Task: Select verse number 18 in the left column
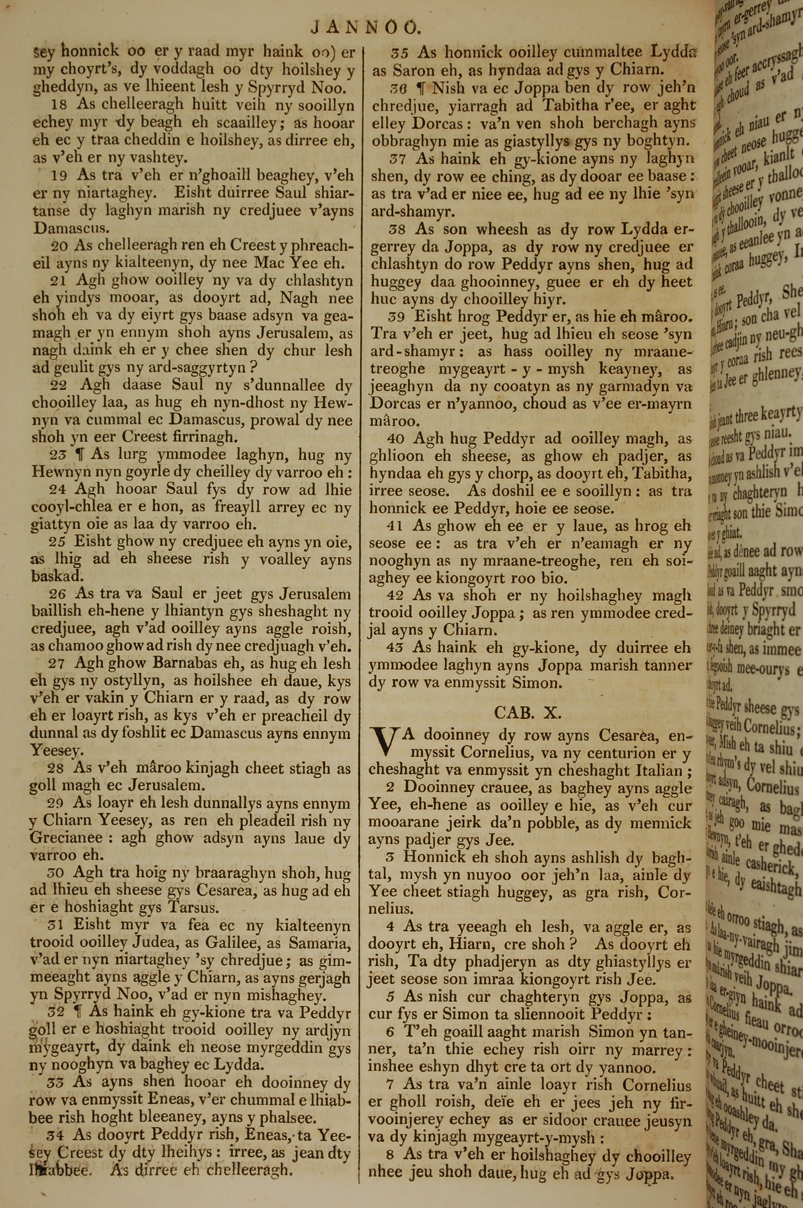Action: point(59,105)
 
